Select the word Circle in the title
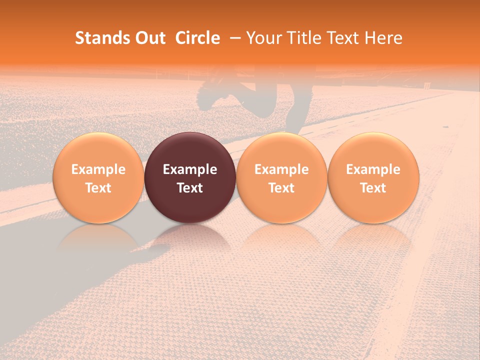coord(197,38)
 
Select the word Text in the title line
coord(342,38)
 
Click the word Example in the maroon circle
coord(190,169)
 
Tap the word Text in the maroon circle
coord(190,188)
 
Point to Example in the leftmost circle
coord(98,169)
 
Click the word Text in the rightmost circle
coord(373,188)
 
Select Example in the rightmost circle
coord(373,169)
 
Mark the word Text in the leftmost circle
coord(98,188)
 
